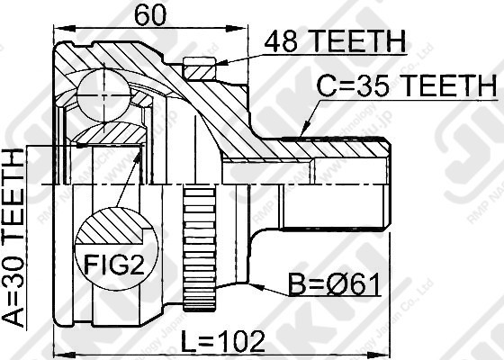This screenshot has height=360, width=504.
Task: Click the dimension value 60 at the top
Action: (152, 14)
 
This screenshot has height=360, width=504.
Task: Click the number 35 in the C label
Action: (369, 86)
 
